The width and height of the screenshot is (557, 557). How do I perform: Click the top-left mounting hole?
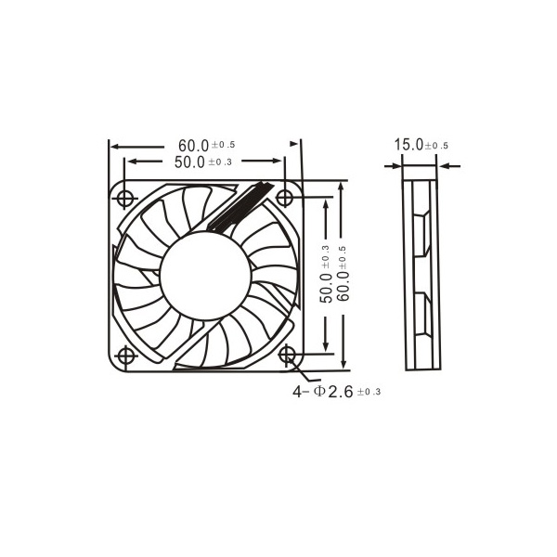tap(125, 198)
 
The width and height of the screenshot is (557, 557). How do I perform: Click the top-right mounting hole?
tap(285, 198)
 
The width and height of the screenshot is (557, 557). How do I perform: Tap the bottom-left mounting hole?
tap(125, 356)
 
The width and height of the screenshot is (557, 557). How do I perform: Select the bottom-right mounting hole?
tap(286, 355)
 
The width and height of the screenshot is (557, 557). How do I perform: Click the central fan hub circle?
tap(206, 276)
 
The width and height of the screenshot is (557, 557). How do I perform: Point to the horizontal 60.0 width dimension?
tap(206, 146)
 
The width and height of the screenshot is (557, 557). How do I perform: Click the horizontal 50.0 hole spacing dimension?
tap(202, 162)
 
